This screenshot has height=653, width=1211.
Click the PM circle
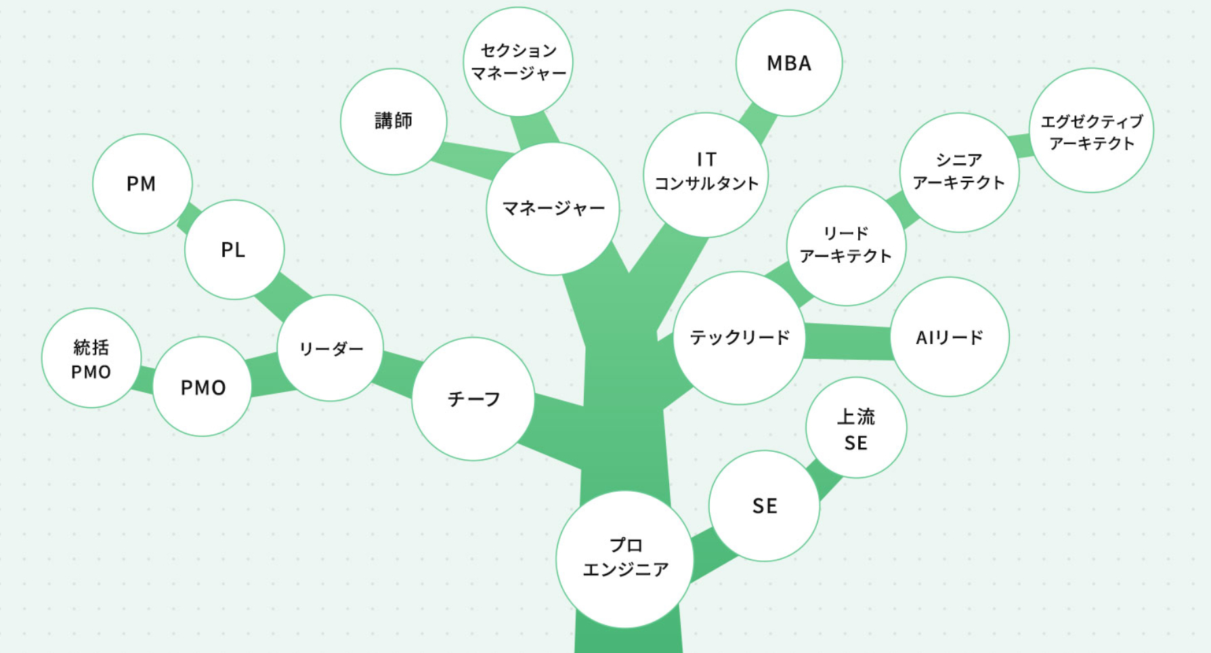point(142,184)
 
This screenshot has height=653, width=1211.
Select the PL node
point(234,249)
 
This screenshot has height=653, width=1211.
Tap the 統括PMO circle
point(91,359)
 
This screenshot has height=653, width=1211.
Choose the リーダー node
point(331,348)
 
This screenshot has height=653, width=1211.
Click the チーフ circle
point(473,399)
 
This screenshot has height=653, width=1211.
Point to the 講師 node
point(394,121)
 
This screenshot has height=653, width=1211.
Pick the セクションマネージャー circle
point(518,62)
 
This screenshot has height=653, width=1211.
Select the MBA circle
point(788,63)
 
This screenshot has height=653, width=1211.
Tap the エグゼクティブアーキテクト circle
point(1091,131)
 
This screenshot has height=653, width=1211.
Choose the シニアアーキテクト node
point(959,172)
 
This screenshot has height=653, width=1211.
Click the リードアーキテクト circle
point(846,245)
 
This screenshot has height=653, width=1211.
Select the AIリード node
point(950,337)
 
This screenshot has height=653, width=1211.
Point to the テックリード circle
point(740,337)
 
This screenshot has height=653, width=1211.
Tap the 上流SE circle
point(856,427)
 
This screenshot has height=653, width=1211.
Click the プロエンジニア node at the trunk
point(624,559)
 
